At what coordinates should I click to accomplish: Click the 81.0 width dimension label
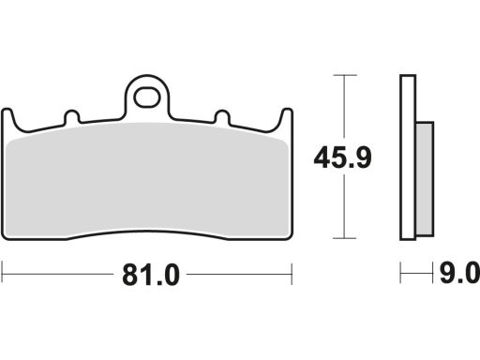[151, 275]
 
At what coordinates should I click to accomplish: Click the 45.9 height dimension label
[343, 158]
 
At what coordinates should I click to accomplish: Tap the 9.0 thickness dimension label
[459, 274]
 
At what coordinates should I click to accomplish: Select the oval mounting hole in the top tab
[146, 97]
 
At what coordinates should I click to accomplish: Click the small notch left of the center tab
[72, 117]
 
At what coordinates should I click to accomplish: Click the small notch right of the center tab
[222, 117]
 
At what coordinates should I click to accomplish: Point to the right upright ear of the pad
[287, 118]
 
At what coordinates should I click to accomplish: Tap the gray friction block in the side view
[425, 179]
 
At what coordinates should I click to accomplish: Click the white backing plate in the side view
[408, 157]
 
